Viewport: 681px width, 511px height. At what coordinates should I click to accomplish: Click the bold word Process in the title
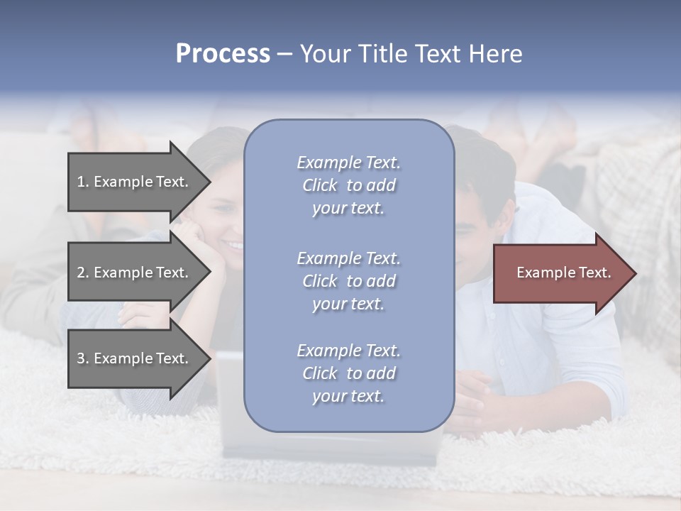point(223,53)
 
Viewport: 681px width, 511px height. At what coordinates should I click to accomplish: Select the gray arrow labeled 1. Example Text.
point(135,182)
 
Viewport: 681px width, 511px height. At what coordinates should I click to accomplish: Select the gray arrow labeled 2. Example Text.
point(135,273)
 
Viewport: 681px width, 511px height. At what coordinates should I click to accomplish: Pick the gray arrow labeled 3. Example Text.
point(135,358)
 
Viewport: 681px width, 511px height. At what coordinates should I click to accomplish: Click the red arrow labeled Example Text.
point(560,273)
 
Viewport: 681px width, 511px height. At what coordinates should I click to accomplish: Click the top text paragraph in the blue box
point(348,185)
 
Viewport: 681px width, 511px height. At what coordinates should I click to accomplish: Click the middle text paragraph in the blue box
point(348,281)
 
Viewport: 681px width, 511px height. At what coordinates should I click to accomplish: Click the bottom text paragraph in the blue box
point(348,373)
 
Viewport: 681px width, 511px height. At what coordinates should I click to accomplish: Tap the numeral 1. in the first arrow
point(83,182)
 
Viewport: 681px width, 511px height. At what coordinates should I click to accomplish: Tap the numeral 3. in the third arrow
point(83,358)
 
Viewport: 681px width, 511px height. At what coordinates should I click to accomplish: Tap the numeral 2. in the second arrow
point(83,273)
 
